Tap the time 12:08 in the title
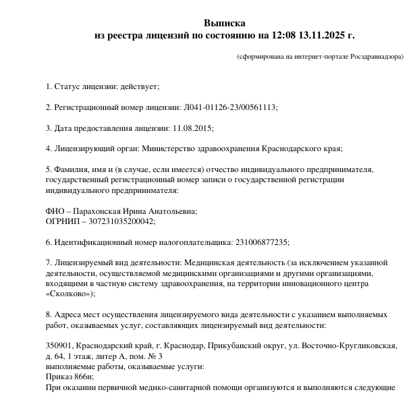[283, 35]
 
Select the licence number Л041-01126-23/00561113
[229, 107]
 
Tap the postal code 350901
[60, 346]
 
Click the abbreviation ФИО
[55, 211]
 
